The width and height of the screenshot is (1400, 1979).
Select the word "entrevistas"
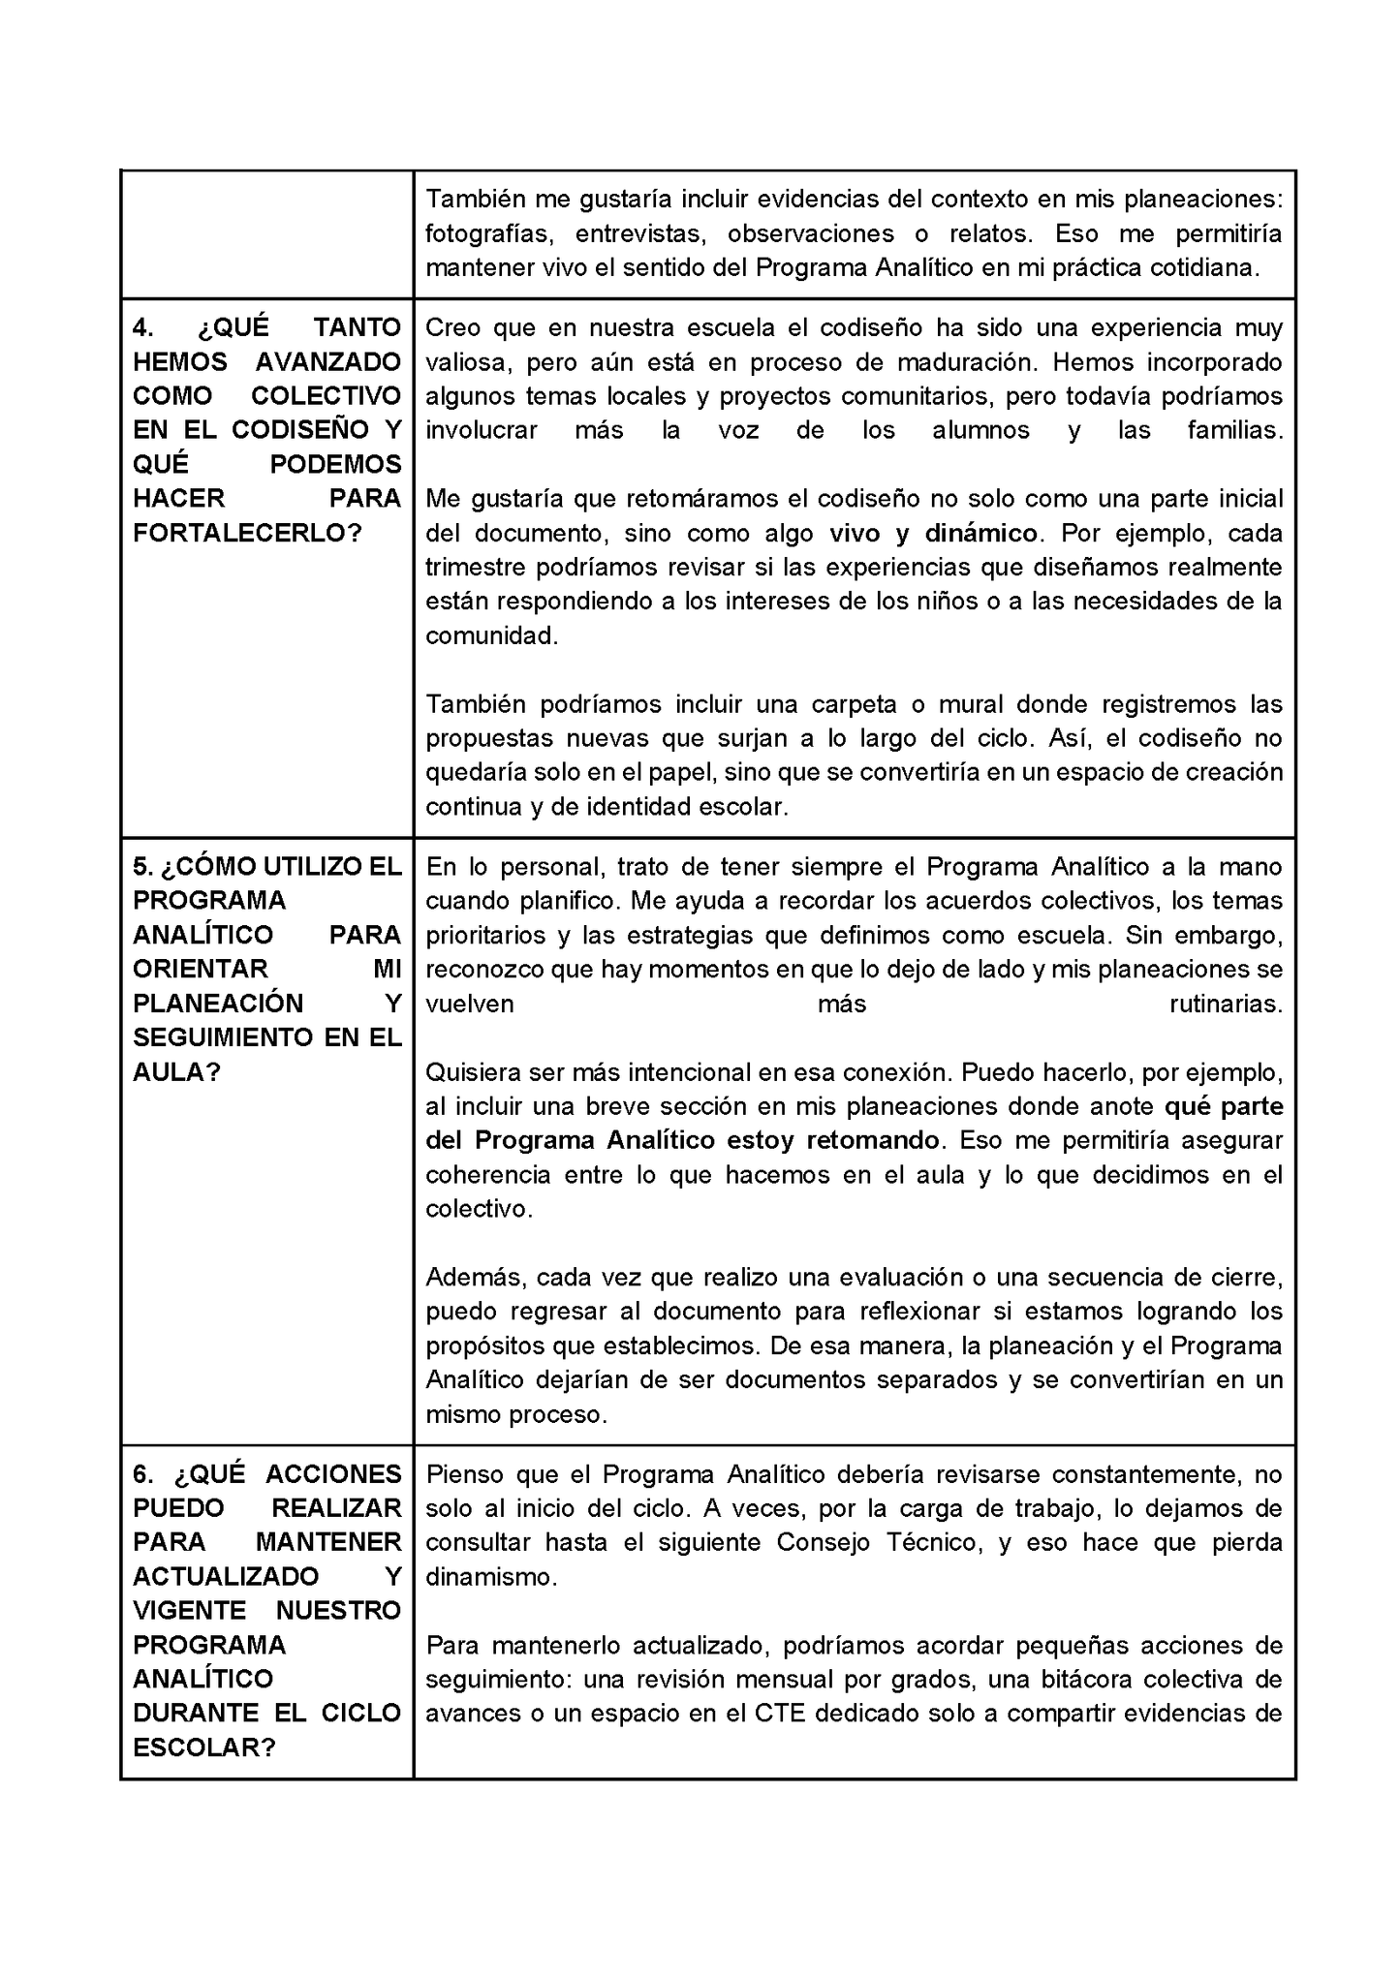point(638,234)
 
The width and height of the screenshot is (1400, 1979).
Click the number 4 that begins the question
point(141,328)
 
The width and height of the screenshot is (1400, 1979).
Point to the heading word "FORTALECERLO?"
point(247,533)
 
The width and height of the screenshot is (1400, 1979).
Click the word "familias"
point(1234,431)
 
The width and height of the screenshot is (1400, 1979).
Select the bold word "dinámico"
point(980,534)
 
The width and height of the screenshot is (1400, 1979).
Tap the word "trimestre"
point(474,568)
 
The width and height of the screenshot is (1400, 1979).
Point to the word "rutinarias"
point(1226,1005)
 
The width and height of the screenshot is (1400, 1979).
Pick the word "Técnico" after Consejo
point(931,1543)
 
